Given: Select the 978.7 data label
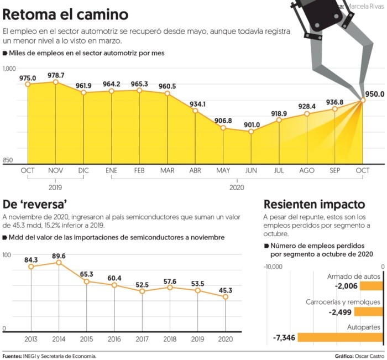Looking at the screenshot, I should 55,75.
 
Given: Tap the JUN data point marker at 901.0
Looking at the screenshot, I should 252,132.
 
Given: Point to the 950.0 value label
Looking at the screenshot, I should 374,95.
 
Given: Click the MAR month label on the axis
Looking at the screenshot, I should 168,170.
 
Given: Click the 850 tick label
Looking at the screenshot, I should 8,160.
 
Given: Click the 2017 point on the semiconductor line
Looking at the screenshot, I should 142,291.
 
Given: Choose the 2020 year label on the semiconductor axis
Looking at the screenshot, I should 225,338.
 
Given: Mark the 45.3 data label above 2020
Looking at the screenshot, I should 225,289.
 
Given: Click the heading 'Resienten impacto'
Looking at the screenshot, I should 314,203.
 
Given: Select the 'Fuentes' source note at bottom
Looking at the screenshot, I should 49,356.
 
